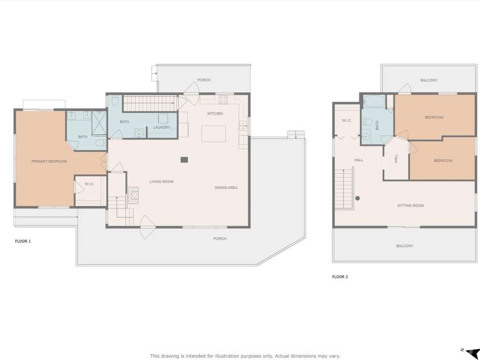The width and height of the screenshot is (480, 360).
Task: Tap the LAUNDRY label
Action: pos(162,127)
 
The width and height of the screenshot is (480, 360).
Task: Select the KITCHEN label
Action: pos(215,114)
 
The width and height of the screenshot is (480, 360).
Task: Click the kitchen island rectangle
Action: pos(214,133)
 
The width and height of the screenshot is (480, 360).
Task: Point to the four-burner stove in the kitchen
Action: pos(224,100)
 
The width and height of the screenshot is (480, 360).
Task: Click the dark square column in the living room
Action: pos(184,160)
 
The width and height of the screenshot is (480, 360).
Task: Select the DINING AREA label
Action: pos(226,187)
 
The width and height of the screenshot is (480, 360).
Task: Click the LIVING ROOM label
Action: pos(161,182)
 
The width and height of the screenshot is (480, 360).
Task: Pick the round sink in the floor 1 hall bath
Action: pos(138,133)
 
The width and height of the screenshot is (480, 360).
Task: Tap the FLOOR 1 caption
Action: pos(23,242)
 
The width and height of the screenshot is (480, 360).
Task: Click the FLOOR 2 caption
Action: pos(340,277)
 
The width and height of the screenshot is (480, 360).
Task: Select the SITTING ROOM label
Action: pos(410,205)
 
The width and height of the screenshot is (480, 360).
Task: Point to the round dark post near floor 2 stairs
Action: pos(358,198)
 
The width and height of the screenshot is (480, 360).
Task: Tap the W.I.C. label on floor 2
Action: pos(347,121)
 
